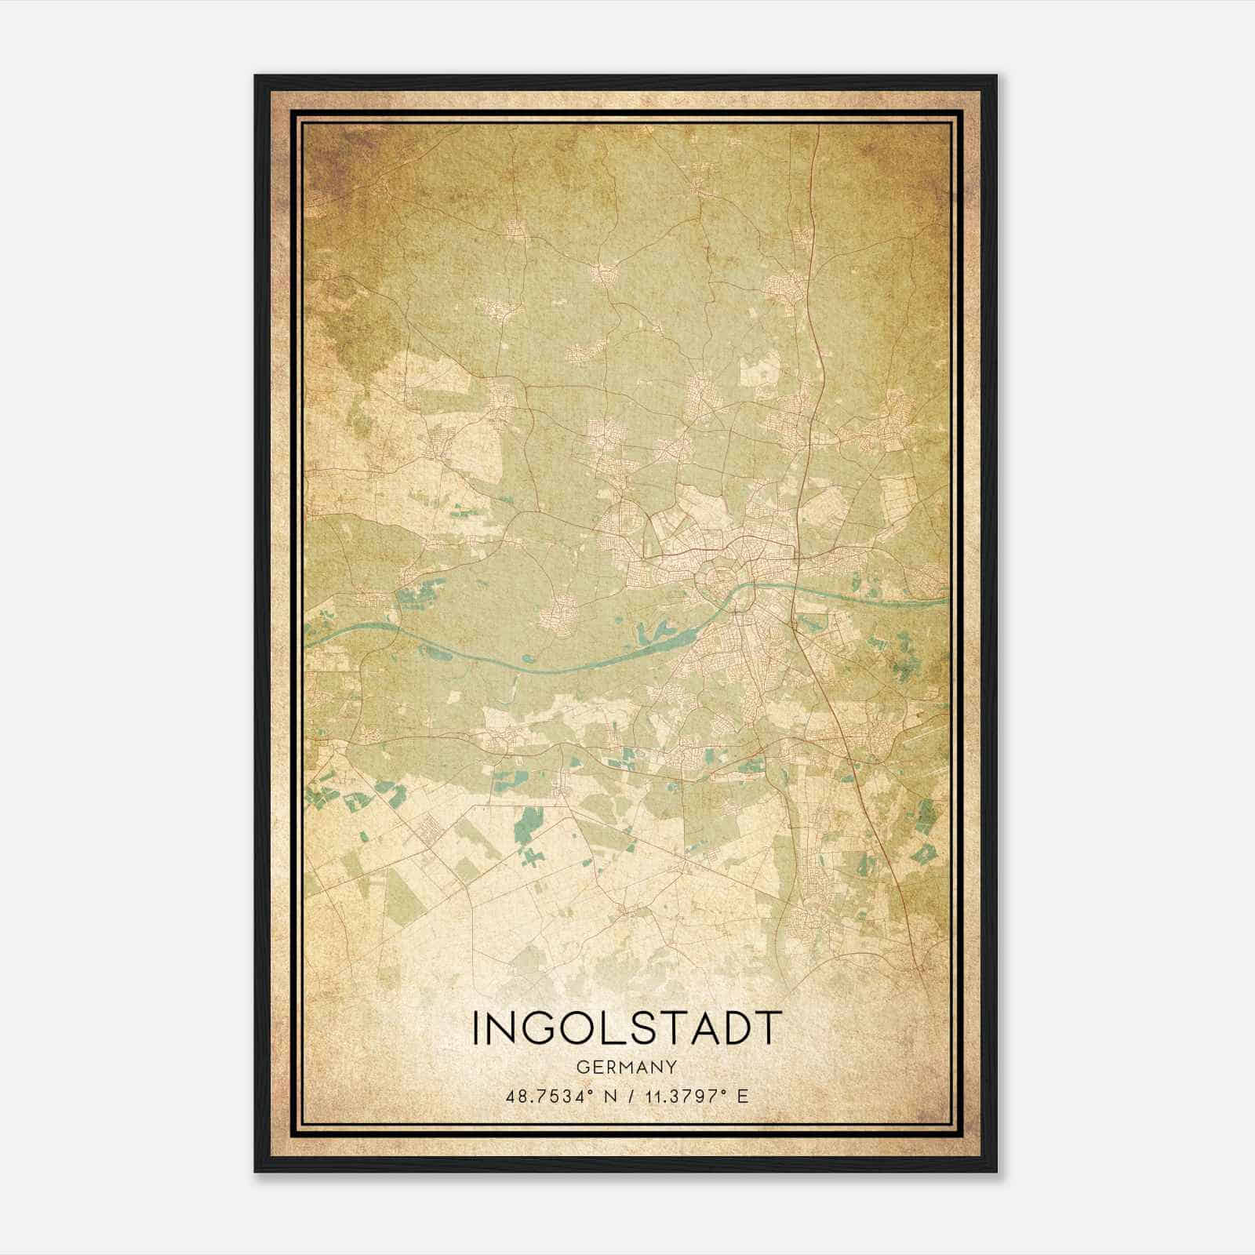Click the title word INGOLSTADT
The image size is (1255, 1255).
coord(627,1028)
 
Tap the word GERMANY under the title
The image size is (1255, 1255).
coord(627,1067)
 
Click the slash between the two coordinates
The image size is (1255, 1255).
coord(628,1096)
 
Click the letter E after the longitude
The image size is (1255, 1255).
coord(742,1096)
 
